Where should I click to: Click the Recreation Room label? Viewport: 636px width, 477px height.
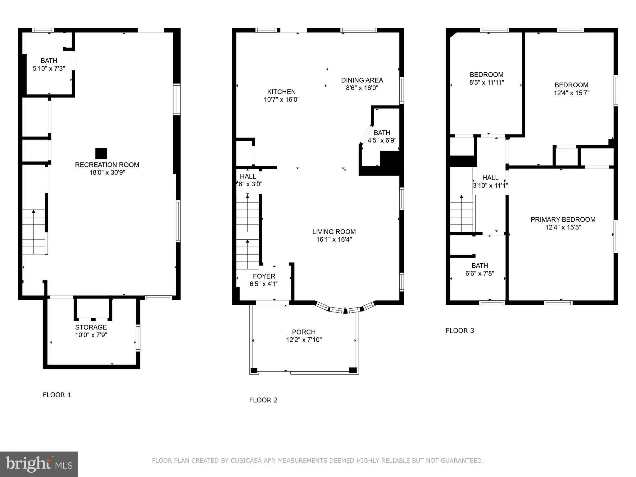coord(107,165)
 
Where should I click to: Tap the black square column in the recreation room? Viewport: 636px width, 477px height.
coord(101,153)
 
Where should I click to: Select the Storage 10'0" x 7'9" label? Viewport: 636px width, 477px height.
coord(91,331)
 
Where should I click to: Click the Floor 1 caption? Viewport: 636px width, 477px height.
coord(57,395)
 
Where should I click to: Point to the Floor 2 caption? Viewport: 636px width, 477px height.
coord(263,400)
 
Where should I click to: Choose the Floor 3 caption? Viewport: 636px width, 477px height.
coord(460,331)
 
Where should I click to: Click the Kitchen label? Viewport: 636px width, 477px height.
coord(281,92)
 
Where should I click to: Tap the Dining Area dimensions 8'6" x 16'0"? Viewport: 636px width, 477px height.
coord(362,88)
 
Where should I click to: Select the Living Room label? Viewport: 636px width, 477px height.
coord(334,232)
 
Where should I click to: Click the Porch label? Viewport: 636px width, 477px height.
coord(304,332)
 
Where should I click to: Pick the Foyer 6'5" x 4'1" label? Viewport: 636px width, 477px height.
coord(264,280)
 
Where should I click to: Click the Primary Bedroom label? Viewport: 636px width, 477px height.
coord(563,220)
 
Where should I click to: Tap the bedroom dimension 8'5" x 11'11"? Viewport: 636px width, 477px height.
coord(486,83)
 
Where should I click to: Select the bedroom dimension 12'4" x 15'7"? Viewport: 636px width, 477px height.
coord(571,93)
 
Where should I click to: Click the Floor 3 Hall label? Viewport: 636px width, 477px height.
coord(490,178)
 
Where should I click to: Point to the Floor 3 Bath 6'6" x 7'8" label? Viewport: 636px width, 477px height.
coord(479,269)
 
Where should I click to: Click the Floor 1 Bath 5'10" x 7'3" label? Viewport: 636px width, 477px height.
coord(49,65)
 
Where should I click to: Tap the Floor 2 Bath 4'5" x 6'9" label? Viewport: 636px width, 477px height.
coord(382,137)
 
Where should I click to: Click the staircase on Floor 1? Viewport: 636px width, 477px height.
coord(34,232)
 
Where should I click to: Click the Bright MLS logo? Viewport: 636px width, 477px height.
coord(39,464)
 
